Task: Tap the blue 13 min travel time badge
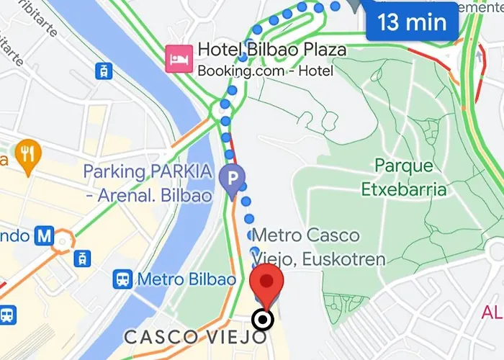tap(412, 22)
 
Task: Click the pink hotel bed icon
tap(177, 58)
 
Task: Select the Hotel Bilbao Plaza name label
tap(271, 50)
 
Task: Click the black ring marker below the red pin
tap(264, 320)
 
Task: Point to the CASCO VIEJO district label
tap(197, 337)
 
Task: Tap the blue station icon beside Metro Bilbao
tap(122, 279)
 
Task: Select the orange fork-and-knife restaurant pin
tap(29, 155)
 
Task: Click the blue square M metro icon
tap(45, 235)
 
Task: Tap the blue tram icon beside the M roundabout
tap(84, 257)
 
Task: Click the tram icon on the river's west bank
tap(105, 71)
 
